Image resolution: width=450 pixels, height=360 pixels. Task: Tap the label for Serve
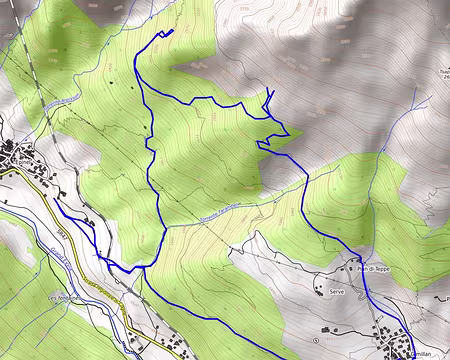click(337, 291)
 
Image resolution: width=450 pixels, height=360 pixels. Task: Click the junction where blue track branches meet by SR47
click(142, 267)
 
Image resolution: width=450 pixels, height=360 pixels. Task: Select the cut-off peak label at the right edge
click(443, 74)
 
